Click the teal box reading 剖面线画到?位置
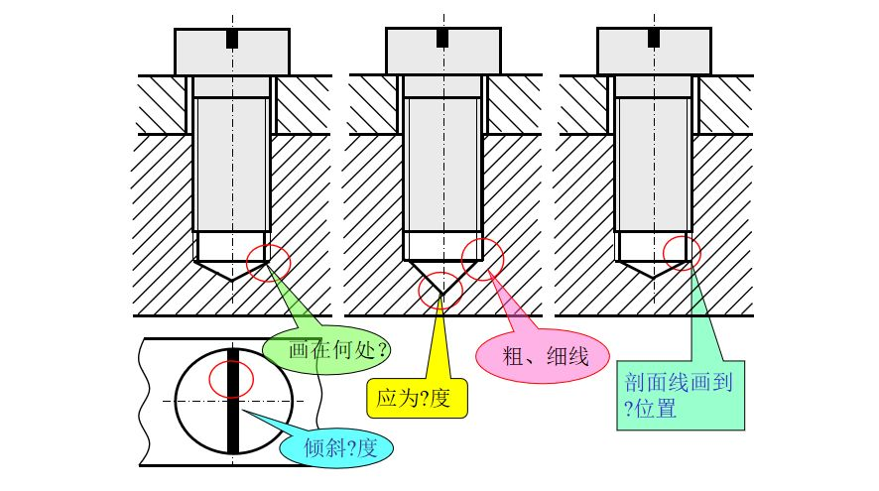pos(680,394)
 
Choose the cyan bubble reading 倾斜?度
pos(337,446)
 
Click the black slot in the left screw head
pos(232,39)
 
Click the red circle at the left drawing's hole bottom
pos(267,263)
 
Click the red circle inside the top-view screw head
pos(231,378)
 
